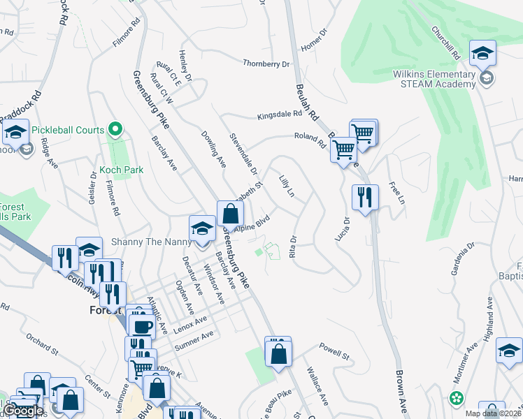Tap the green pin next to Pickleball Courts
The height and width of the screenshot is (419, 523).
click(x=116, y=129)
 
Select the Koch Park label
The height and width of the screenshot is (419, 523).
click(x=122, y=170)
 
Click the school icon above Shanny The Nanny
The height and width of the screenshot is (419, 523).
click(x=203, y=228)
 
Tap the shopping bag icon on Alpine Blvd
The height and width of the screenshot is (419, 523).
click(x=230, y=213)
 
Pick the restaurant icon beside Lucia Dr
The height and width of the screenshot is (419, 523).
click(x=365, y=197)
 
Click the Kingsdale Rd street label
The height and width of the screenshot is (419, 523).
click(x=279, y=115)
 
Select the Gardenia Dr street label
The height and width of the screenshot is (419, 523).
click(x=462, y=257)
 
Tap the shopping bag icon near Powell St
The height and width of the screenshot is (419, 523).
click(x=278, y=352)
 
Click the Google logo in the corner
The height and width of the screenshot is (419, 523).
click(x=24, y=411)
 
